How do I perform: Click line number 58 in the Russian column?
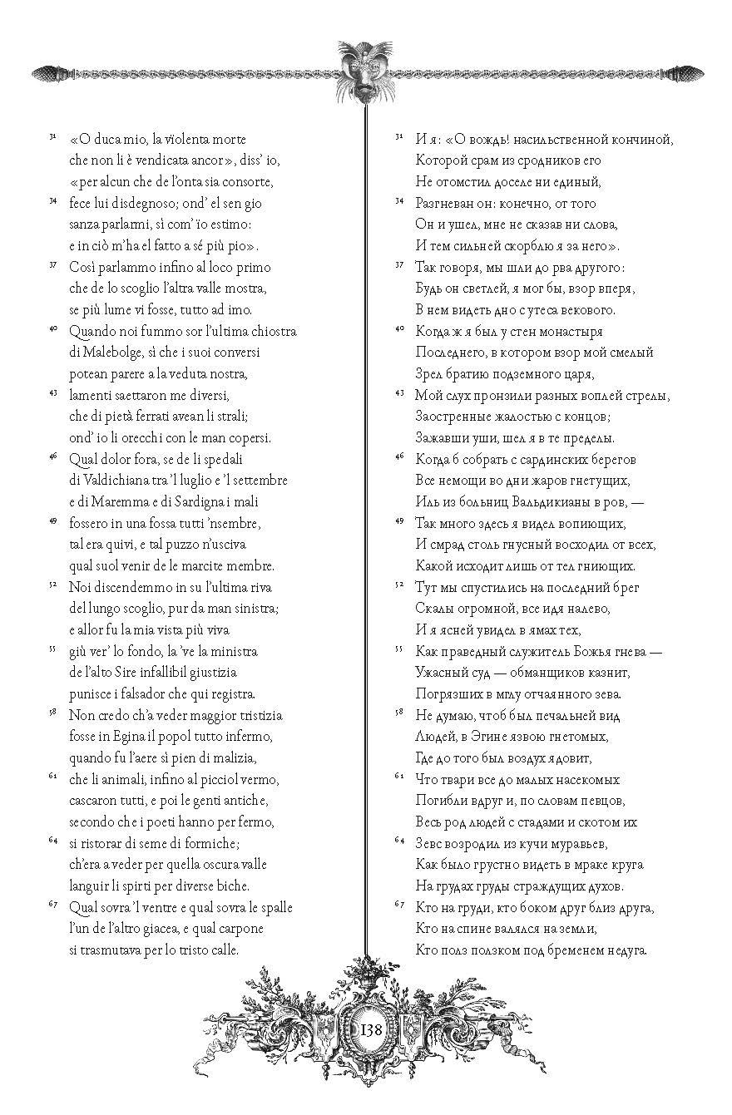pyautogui.click(x=399, y=713)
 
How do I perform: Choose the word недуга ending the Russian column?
pyautogui.click(x=624, y=950)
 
